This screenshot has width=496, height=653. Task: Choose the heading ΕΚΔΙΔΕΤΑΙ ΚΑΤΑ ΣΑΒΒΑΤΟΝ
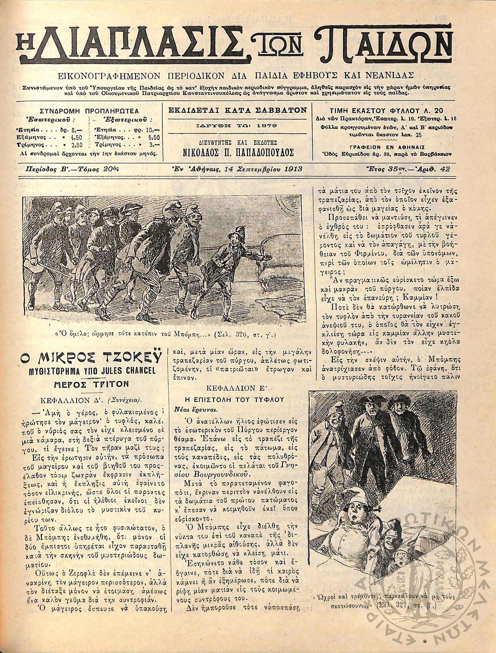(x=237, y=110)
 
